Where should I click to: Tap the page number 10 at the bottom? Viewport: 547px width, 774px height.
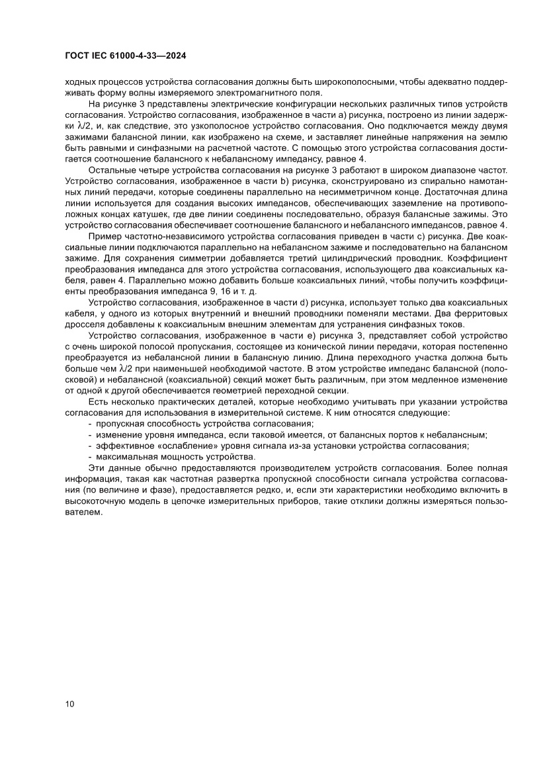(x=70, y=703)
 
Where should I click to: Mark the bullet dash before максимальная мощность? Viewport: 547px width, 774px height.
(x=90, y=457)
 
